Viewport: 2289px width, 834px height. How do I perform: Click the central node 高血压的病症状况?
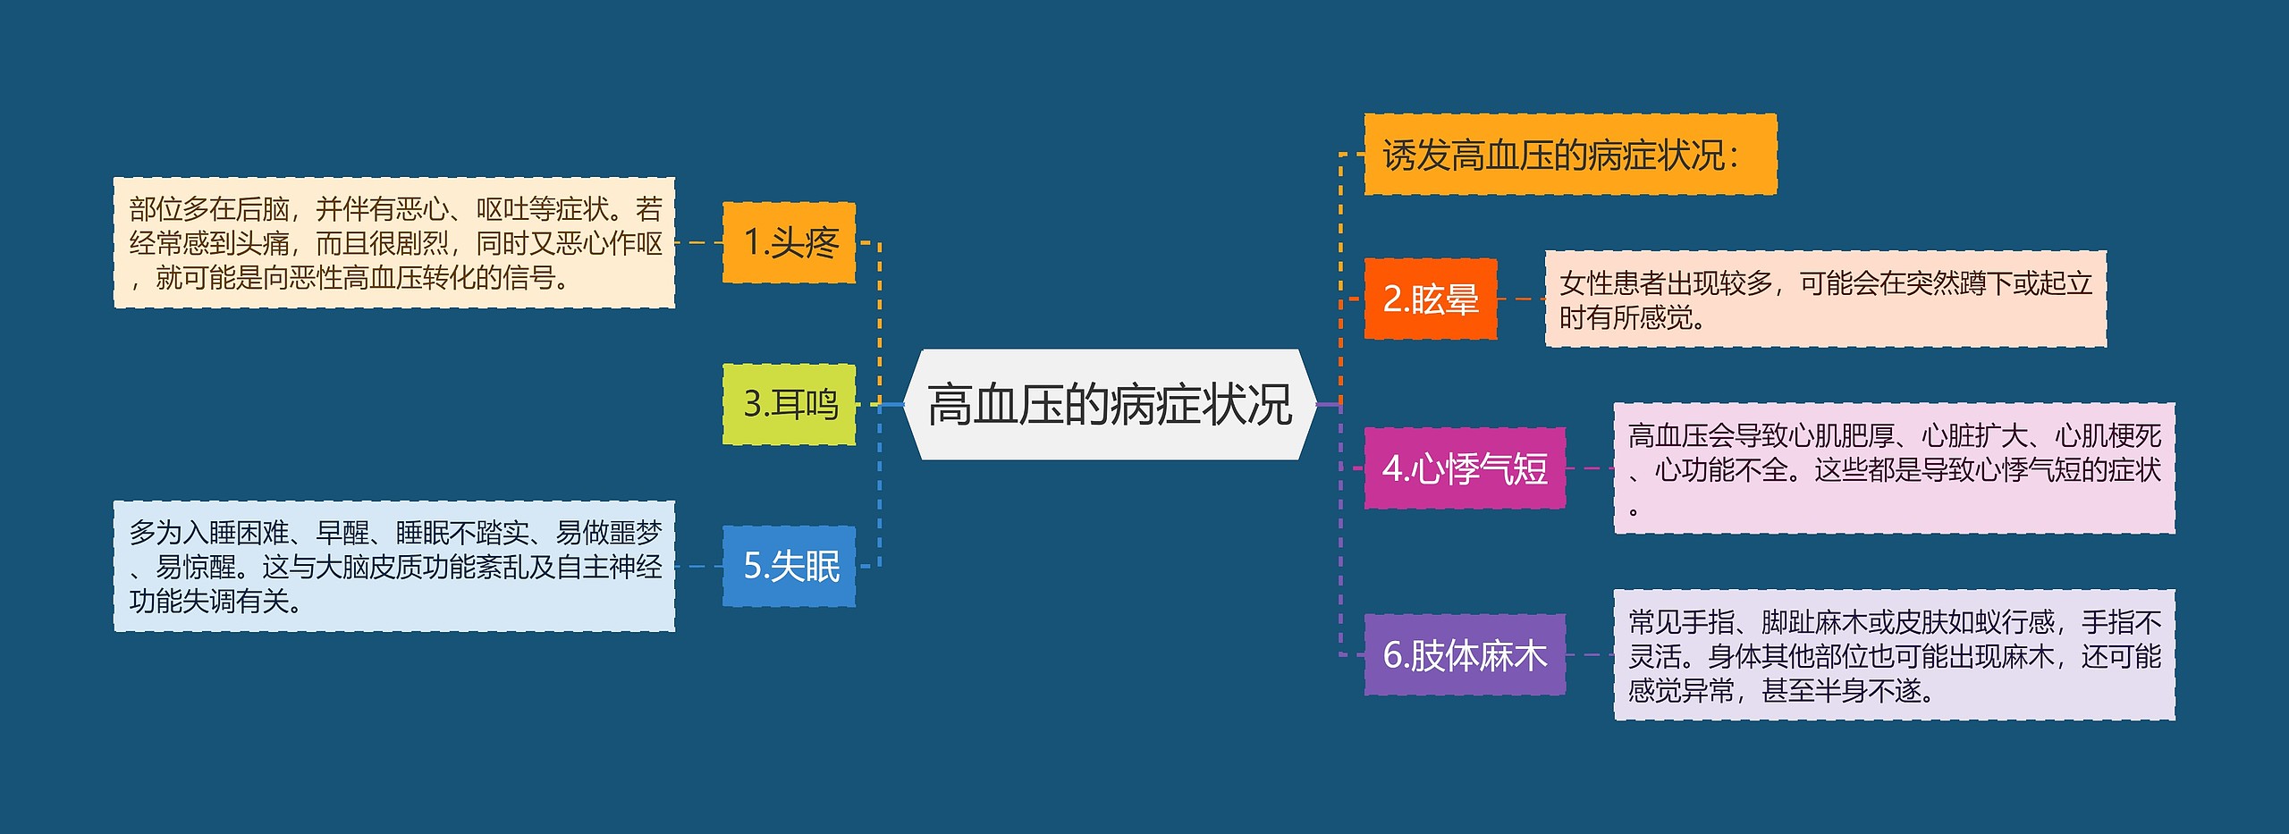[x=1109, y=405]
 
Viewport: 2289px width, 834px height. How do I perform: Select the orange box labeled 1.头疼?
[x=789, y=243]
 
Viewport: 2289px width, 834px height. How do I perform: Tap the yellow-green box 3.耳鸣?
[x=789, y=404]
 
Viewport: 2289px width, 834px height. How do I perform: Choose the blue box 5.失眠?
[x=789, y=567]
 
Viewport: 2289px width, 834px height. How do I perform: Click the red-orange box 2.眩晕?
[x=1430, y=299]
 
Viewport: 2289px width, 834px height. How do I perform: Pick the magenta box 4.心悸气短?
[x=1464, y=468]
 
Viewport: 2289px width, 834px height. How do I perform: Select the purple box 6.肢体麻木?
[x=1464, y=655]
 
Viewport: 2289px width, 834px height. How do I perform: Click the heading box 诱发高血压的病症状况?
[x=1569, y=155]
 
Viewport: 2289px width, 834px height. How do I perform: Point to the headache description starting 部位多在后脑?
[x=393, y=243]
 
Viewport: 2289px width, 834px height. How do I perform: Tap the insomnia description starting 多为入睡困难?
[x=393, y=567]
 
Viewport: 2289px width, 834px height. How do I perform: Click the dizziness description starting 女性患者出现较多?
[x=1825, y=299]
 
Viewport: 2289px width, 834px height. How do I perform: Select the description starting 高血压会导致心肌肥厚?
[x=1894, y=468]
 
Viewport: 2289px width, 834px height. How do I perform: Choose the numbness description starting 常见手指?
[x=1894, y=655]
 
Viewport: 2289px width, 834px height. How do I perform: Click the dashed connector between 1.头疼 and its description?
[x=698, y=242]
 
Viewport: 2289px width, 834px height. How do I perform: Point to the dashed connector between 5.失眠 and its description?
[x=698, y=566]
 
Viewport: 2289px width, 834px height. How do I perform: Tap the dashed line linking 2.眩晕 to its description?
[x=1521, y=299]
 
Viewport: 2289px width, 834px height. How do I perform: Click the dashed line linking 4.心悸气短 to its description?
[x=1590, y=468]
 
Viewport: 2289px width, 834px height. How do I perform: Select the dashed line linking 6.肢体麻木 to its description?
[x=1590, y=654]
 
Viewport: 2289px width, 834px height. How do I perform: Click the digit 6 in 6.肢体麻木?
[x=1392, y=656]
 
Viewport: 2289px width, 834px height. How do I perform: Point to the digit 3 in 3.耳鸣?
[x=753, y=405]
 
